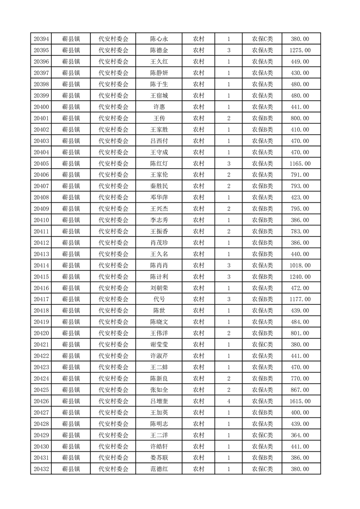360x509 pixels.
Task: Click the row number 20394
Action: pyautogui.click(x=41, y=39)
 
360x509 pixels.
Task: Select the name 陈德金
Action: pyautogui.click(x=159, y=50)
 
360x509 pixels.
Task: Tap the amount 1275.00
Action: pyautogui.click(x=301, y=50)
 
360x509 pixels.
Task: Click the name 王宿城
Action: pyautogui.click(x=159, y=96)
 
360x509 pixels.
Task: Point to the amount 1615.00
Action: pyautogui.click(x=301, y=401)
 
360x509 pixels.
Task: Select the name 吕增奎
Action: pyautogui.click(x=159, y=401)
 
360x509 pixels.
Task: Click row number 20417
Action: pyautogui.click(x=41, y=299)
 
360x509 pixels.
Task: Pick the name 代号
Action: pyautogui.click(x=159, y=299)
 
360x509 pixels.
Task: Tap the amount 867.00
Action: pyautogui.click(x=301, y=390)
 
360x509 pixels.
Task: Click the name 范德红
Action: pyautogui.click(x=159, y=470)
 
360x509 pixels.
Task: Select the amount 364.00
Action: pyautogui.click(x=301, y=436)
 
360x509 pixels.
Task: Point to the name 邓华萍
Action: pyautogui.click(x=159, y=198)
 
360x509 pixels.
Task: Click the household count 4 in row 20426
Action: pyautogui.click(x=229, y=401)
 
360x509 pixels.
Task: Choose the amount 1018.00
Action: pyautogui.click(x=301, y=265)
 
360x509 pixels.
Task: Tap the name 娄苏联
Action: pyautogui.click(x=159, y=458)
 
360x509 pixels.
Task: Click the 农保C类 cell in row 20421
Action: pyautogui.click(x=262, y=345)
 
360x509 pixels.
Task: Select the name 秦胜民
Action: pyautogui.click(x=159, y=186)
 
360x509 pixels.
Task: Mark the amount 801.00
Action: pyautogui.click(x=301, y=333)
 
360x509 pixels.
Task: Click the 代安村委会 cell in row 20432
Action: pyautogui.click(x=113, y=470)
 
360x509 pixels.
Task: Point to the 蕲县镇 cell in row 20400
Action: pyautogui.click(x=71, y=107)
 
